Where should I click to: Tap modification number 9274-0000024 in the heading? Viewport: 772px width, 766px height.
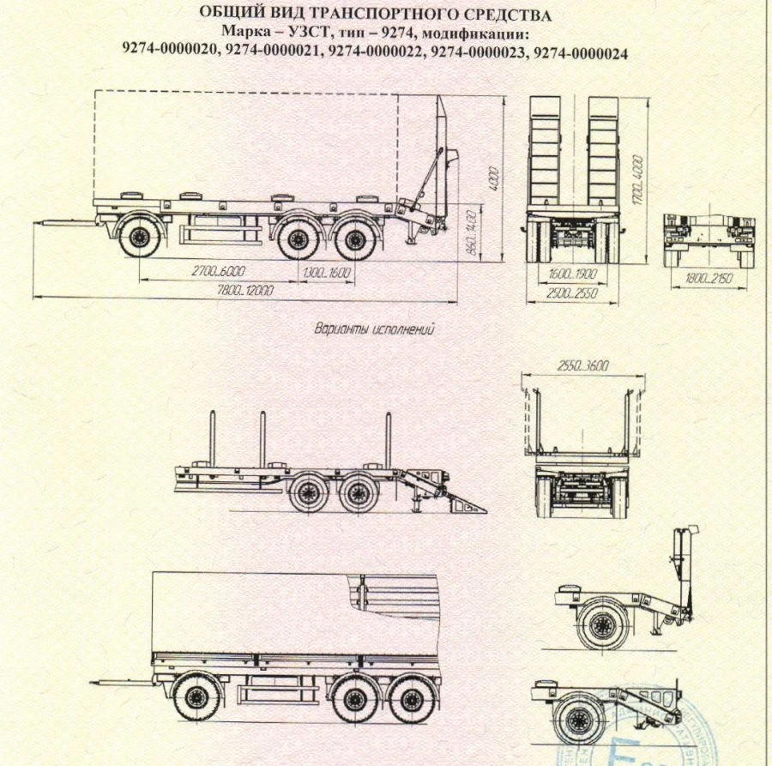coord(580,52)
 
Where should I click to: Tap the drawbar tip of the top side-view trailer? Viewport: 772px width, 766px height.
coord(38,222)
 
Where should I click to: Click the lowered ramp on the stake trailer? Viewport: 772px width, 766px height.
coord(463,502)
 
